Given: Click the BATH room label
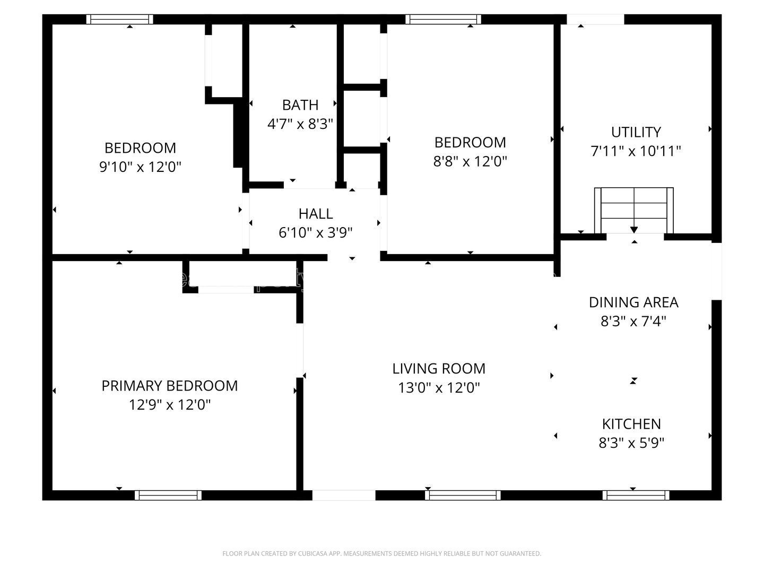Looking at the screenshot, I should [300, 105].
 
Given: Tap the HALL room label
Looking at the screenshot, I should [316, 214].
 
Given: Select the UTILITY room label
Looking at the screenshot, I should [636, 132].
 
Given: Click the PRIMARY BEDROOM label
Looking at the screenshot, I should [169, 386].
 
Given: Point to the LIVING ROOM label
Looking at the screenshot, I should [439, 369].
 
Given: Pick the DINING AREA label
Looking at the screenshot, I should [633, 302].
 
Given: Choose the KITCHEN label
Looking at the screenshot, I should [631, 424].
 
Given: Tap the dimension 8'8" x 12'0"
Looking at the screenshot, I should [470, 161].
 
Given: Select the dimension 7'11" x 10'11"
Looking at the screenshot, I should [636, 152].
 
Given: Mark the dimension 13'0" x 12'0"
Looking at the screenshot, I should [439, 388].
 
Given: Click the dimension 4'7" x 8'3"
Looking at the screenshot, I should [300, 124].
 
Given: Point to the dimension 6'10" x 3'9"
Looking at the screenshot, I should [316, 233].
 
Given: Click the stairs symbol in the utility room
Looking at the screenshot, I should [633, 210].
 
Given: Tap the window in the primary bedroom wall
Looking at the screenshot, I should [168, 495].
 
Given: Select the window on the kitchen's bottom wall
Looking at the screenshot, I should [636, 495].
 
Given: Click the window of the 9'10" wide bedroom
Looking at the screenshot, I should [120, 20].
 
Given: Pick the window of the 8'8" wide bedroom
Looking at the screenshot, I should [444, 20].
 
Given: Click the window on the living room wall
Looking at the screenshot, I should [463, 495].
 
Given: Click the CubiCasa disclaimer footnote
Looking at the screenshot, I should [381, 554].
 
